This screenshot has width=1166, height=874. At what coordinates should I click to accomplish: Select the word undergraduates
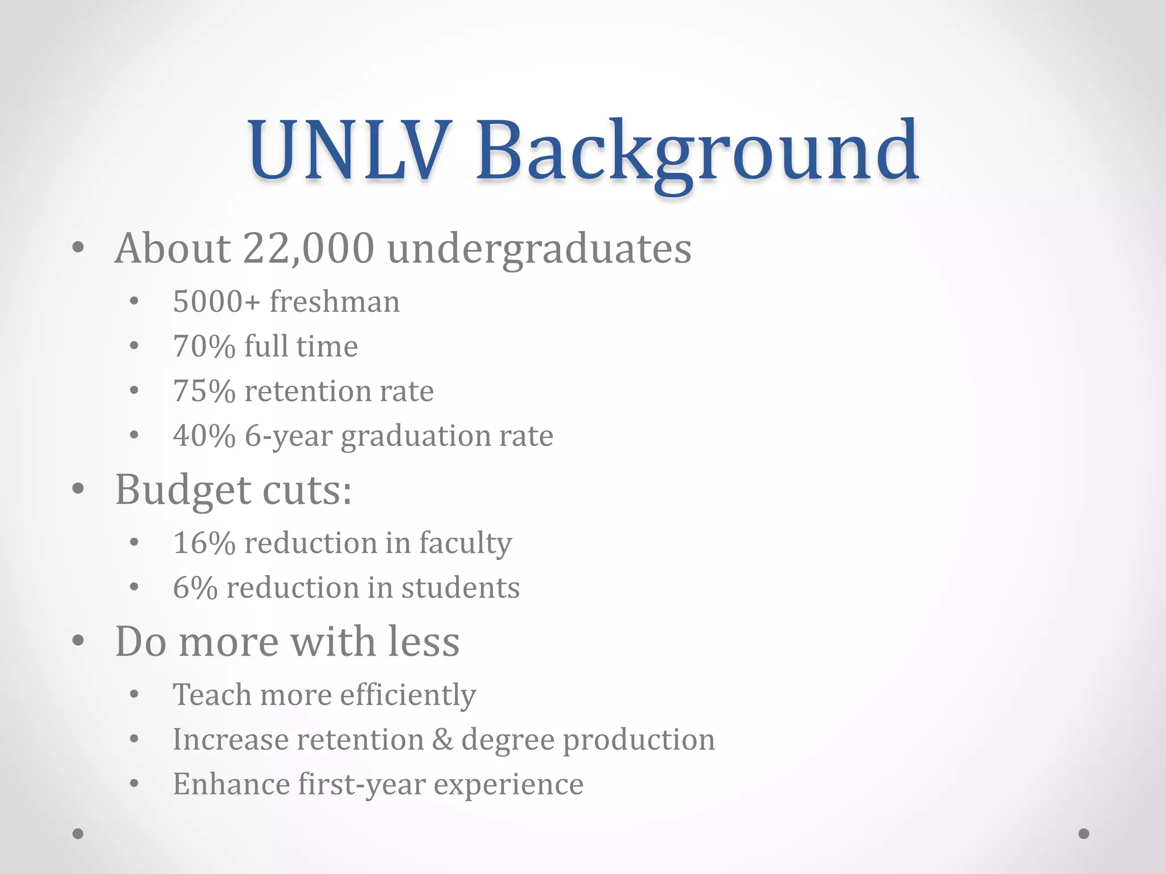pos(539,249)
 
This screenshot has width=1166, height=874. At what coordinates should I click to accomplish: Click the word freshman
pos(335,302)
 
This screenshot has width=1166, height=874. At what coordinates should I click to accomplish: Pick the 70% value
pos(204,347)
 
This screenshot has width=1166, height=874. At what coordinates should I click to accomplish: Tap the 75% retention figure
pos(204,391)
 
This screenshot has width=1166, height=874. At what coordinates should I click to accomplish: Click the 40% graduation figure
pos(204,436)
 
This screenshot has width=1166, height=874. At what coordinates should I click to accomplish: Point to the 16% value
pos(204,543)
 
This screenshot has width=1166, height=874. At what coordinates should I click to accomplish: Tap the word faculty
pos(465,543)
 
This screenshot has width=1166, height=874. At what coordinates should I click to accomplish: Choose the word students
pos(460,588)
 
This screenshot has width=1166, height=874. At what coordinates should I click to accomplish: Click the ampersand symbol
pos(442,740)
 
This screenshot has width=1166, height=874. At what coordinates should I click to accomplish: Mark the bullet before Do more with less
pos(79,641)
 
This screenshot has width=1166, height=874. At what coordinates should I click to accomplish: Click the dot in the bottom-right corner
pos(1084,834)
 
